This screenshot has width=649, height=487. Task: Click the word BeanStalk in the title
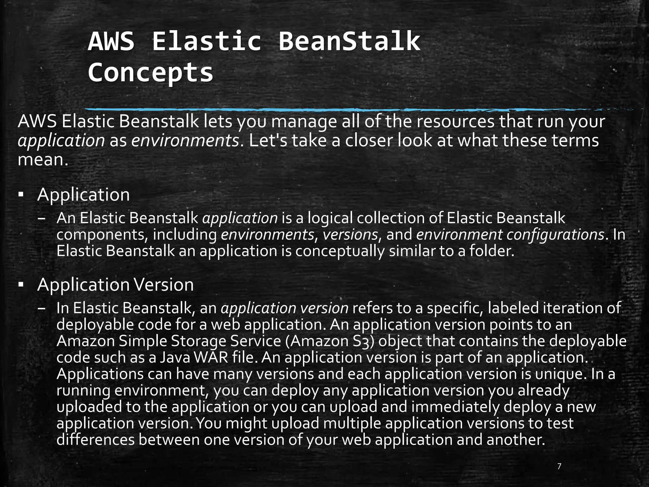(x=349, y=41)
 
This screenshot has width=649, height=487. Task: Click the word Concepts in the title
(x=151, y=72)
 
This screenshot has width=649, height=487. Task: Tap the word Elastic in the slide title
(x=207, y=41)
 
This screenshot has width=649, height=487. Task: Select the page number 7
(x=559, y=466)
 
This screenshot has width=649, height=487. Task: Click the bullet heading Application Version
(x=115, y=285)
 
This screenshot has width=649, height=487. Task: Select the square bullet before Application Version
(x=21, y=284)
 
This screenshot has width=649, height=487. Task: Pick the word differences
(x=96, y=440)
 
